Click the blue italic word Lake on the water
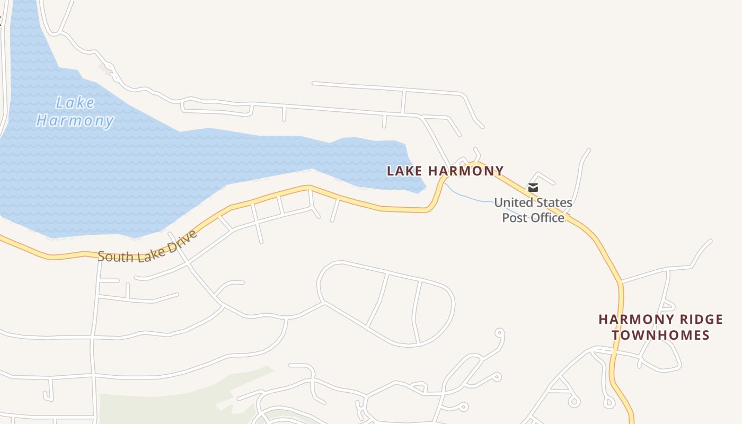point(75,103)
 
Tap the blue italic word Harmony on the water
point(75,121)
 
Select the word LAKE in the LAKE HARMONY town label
point(405,171)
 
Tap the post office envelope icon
point(533,187)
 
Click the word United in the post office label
point(513,202)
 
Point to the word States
point(553,202)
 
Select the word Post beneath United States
point(514,218)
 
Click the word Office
point(547,218)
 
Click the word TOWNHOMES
point(660,335)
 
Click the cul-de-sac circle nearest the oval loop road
point(499,332)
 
